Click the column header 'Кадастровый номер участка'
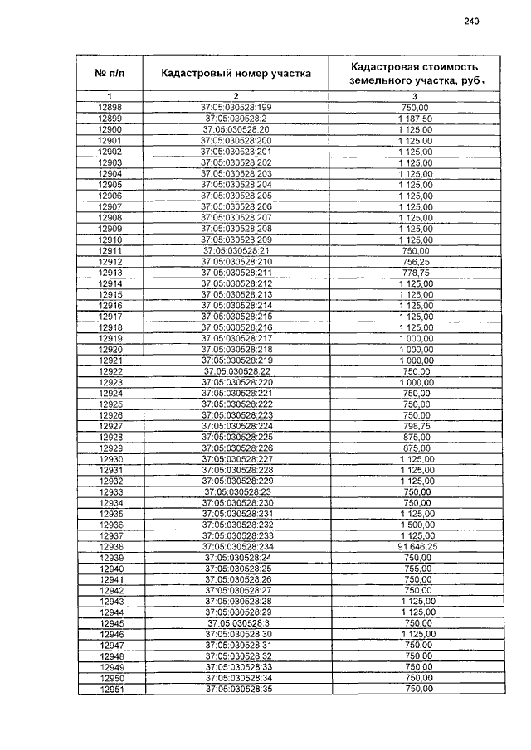point(236,74)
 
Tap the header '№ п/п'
point(110,74)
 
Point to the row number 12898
point(110,108)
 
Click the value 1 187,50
point(415,119)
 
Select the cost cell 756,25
point(415,262)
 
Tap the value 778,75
point(415,273)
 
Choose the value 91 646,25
point(415,546)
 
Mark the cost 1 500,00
point(415,525)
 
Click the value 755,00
point(415,569)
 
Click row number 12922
point(110,371)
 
